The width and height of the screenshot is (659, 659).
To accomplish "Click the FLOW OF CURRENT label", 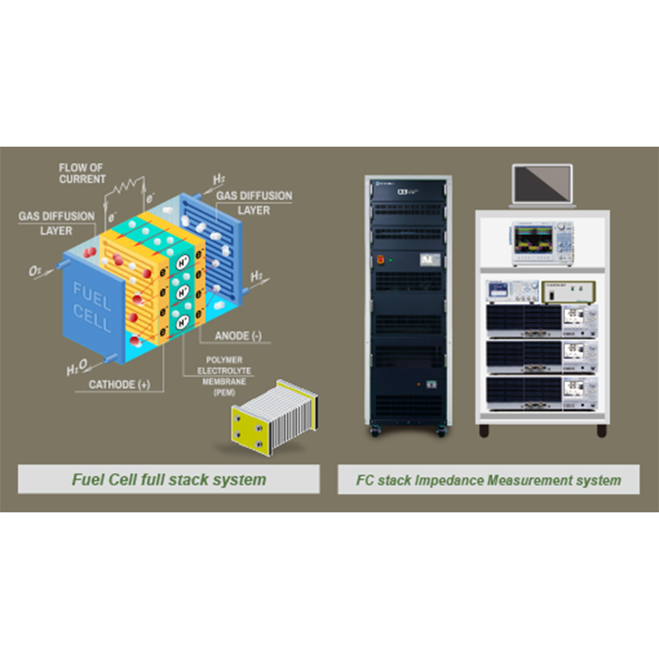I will tap(82, 173).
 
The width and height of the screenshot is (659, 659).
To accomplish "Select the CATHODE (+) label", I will tap(119, 384).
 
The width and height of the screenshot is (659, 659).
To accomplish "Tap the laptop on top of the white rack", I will tap(541, 186).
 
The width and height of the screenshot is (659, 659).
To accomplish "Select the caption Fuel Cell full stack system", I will tap(169, 479).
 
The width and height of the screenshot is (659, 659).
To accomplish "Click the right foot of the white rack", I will tap(601, 430).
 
